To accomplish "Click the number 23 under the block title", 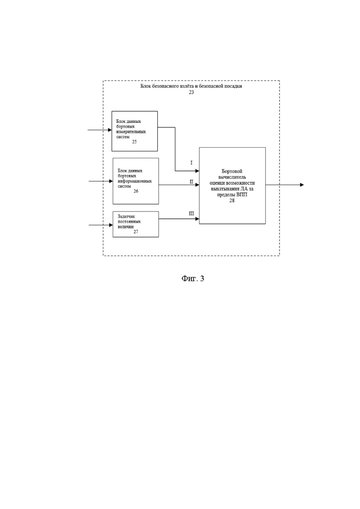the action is pyautogui.click(x=191, y=92).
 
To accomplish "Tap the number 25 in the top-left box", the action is pyautogui.click(x=134, y=142).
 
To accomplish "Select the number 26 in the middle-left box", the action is pyautogui.click(x=136, y=191).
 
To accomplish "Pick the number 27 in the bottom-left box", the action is pyautogui.click(x=136, y=232).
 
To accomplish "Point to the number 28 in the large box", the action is pyautogui.click(x=232, y=201).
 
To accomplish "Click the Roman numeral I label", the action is pyautogui.click(x=191, y=162).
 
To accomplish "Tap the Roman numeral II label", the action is pyautogui.click(x=192, y=182).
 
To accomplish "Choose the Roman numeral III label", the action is pyautogui.click(x=192, y=214).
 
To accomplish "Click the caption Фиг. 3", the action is pyautogui.click(x=193, y=279).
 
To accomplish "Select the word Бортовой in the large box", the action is pyautogui.click(x=232, y=171).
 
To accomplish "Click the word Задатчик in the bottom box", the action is pyautogui.click(x=126, y=216).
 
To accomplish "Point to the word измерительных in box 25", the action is pyautogui.click(x=131, y=132).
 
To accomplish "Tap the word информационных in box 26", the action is pyautogui.click(x=135, y=181).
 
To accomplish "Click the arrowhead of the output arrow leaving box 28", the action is pyautogui.click(x=302, y=185).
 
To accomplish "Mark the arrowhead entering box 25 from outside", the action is pyautogui.click(x=110, y=130).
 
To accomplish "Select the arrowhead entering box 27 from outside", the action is pyautogui.click(x=111, y=225).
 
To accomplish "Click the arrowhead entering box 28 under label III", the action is pyautogui.click(x=197, y=219).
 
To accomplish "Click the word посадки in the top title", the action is pyautogui.click(x=234, y=86).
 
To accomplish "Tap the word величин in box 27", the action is pyautogui.click(x=126, y=227).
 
